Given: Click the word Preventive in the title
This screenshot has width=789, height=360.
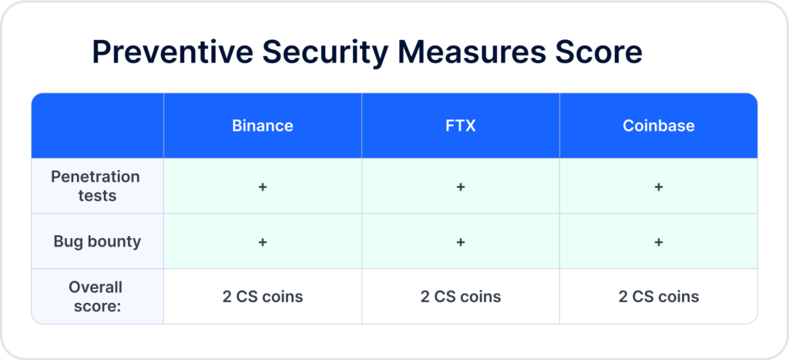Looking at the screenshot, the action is click(x=173, y=52).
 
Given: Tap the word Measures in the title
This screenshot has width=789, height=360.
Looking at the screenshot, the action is click(x=472, y=52).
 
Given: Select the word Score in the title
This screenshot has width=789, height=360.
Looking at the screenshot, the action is click(x=598, y=52).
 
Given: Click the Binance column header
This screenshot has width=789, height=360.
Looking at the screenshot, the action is click(x=263, y=126).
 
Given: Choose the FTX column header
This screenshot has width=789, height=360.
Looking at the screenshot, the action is click(x=461, y=126).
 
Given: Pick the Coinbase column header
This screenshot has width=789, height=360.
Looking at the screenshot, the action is click(x=659, y=126).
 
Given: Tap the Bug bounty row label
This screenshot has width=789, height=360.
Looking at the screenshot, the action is click(x=97, y=242).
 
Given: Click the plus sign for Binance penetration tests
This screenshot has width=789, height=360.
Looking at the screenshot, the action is click(x=263, y=187).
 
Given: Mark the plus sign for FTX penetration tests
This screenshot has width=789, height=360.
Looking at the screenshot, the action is click(x=461, y=187).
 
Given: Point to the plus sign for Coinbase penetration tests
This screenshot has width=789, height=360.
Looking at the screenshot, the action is click(x=659, y=187).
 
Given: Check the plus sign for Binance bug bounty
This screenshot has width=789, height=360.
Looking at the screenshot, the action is click(x=263, y=242).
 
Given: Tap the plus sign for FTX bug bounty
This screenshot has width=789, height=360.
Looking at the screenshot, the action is click(x=461, y=242).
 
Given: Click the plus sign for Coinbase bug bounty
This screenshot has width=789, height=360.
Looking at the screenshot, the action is click(x=659, y=242).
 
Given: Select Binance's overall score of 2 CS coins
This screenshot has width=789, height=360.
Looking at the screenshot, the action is click(x=263, y=297).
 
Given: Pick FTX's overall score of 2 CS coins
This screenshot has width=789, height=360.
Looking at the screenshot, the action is click(x=461, y=297).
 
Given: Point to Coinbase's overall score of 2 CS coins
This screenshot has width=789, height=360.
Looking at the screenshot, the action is click(x=659, y=297).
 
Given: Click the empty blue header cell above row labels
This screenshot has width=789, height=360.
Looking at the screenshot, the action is click(x=98, y=126).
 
